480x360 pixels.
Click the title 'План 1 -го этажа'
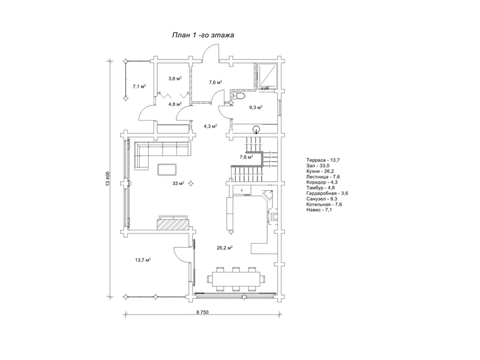[x=203, y=35]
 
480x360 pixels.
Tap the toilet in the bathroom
[x=239, y=96]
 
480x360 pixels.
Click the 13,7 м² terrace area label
[x=143, y=260]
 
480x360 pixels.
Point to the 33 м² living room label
[x=178, y=184]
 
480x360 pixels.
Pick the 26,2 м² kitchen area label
[x=224, y=248]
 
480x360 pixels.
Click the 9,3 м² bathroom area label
[x=256, y=107]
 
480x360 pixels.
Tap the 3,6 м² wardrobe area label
[x=175, y=79]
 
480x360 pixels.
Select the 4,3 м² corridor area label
[x=211, y=126]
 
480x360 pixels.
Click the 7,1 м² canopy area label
[x=139, y=86]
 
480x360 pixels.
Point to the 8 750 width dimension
[x=202, y=312]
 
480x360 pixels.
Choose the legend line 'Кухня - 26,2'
[x=320, y=171]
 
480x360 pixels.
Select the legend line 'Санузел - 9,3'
[x=322, y=199]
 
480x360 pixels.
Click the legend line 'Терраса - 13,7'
[x=323, y=160]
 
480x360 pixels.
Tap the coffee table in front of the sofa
[x=167, y=169]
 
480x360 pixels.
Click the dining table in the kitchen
[x=236, y=279]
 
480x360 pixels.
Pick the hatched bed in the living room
[x=173, y=223]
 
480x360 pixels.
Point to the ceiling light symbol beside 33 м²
[x=191, y=184]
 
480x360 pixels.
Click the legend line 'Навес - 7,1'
[x=319, y=209]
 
